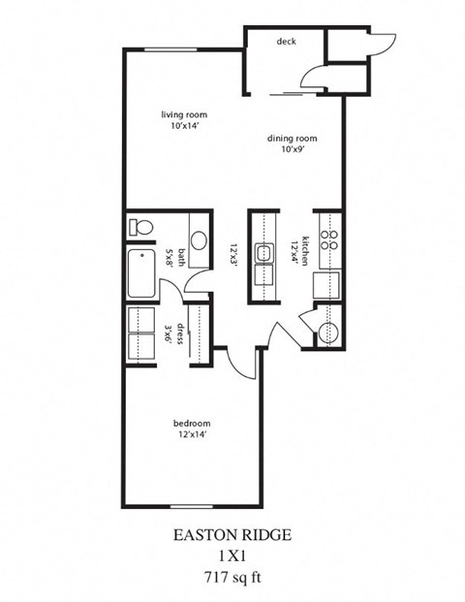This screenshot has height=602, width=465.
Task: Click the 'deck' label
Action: pos(286,42)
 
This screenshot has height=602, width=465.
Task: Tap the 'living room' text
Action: pos(183,114)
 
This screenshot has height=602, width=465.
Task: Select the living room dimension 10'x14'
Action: pos(183,126)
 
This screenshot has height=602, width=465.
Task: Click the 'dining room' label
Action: pos(292,139)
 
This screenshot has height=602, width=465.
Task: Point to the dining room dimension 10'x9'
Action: pos(292,150)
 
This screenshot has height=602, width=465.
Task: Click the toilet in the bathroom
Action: pos(141,228)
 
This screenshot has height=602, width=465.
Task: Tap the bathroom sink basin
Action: pos(198,240)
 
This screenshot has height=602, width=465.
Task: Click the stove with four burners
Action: pos(328,239)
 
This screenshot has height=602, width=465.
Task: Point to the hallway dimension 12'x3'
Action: pos(232,253)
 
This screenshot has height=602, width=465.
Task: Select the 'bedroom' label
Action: pos(191,424)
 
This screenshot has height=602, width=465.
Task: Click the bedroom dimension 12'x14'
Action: pos(191,435)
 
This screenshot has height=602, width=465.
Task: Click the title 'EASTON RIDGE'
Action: pos(232,534)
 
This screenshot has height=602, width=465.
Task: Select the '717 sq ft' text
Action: pos(232,575)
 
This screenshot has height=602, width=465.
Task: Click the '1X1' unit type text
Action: pos(232,554)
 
